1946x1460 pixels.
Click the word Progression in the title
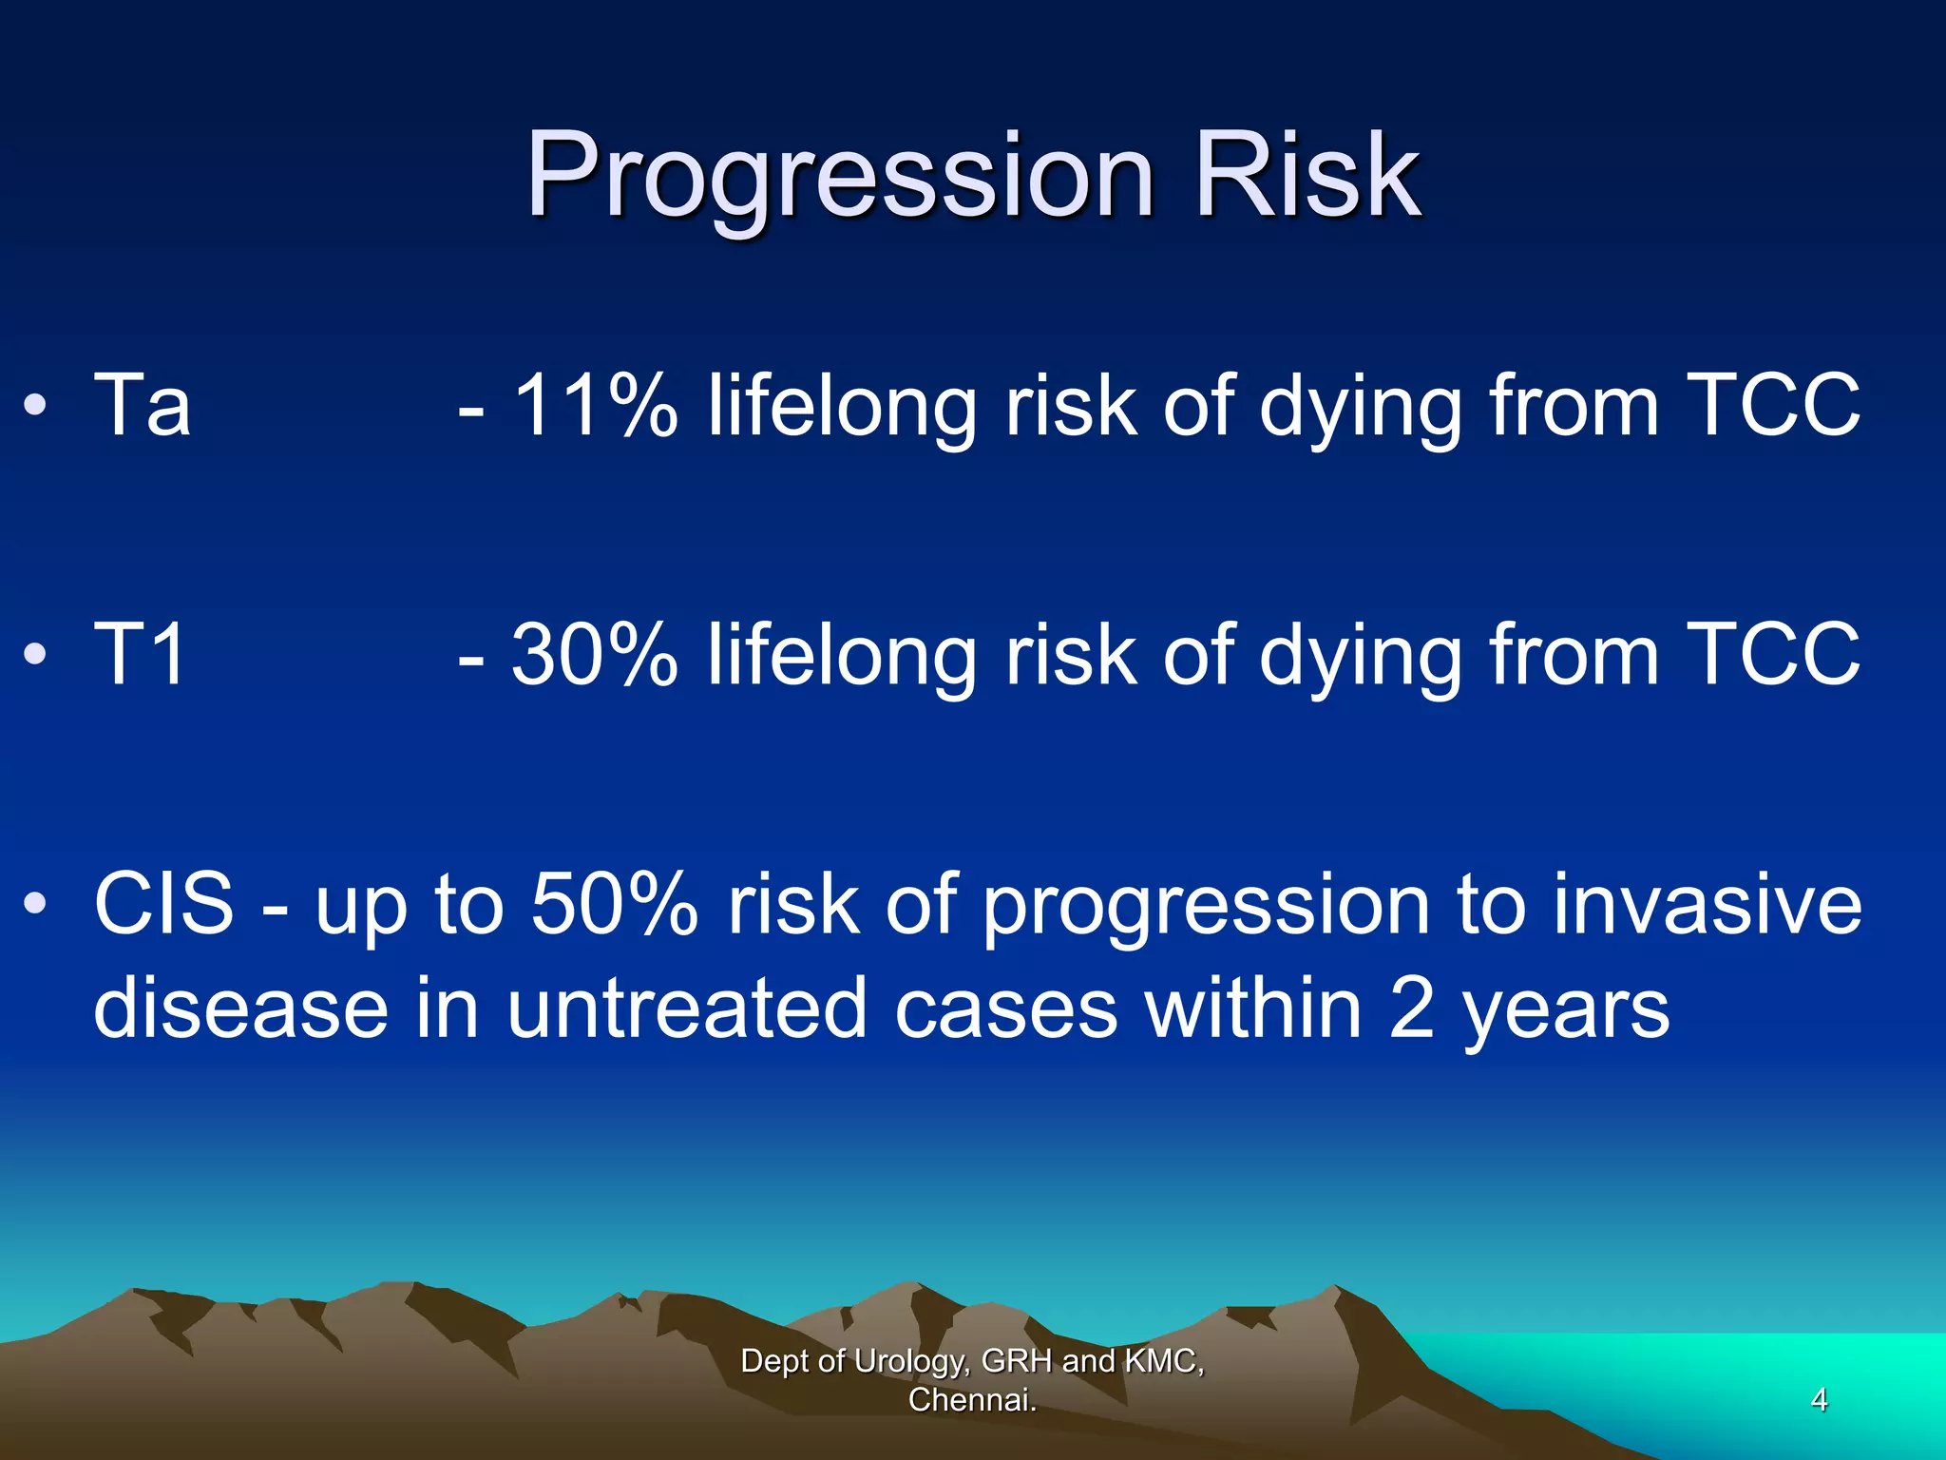point(840,177)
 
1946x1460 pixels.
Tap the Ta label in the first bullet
point(143,406)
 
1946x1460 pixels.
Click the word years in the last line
point(1566,1009)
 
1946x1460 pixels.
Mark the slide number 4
point(1819,1399)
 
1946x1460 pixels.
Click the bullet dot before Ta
point(35,406)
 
